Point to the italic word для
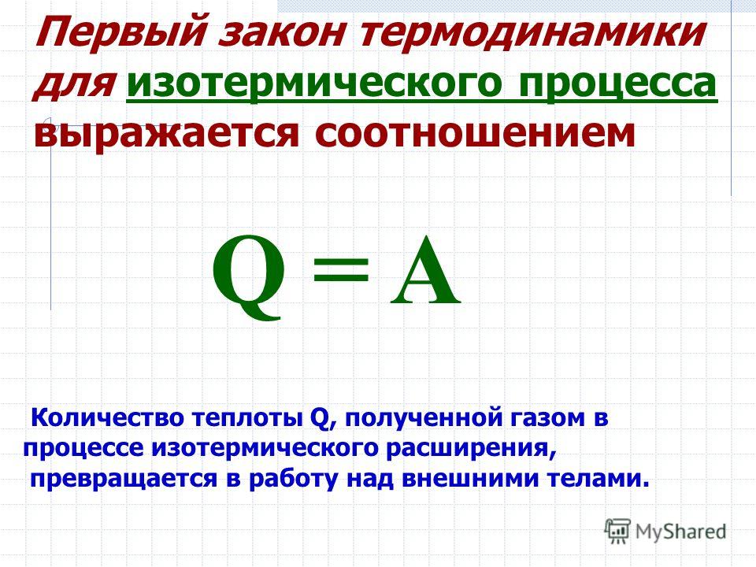coord(74,83)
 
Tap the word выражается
coord(166,133)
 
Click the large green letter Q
coord(249,276)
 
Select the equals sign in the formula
coord(341,270)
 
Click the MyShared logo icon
coord(617,531)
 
